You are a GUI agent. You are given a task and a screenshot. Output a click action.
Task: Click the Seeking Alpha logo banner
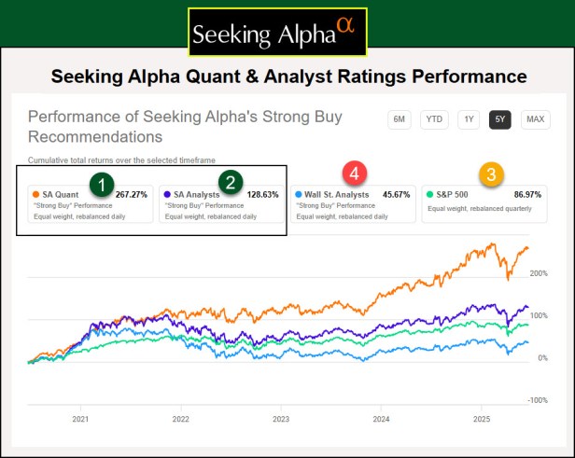pyautogui.click(x=278, y=33)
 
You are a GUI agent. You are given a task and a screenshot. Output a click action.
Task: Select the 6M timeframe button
pyautogui.click(x=400, y=118)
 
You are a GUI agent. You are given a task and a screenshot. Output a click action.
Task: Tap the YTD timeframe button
pyautogui.click(x=433, y=118)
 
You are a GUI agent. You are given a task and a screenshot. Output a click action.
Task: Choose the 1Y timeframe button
pyautogui.click(x=470, y=118)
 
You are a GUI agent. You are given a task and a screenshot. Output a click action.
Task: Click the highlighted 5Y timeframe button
pyautogui.click(x=500, y=118)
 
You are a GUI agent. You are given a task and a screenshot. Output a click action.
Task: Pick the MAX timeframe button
pyautogui.click(x=535, y=118)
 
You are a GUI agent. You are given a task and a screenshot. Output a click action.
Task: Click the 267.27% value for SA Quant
pyautogui.click(x=132, y=194)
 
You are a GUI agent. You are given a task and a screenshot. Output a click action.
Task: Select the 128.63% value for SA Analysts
pyautogui.click(x=261, y=194)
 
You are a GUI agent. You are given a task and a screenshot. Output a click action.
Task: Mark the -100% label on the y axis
pyautogui.click(x=539, y=400)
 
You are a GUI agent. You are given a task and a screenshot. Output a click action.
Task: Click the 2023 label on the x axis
pyautogui.click(x=281, y=420)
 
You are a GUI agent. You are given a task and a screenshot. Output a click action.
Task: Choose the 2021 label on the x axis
pyautogui.click(x=80, y=420)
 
